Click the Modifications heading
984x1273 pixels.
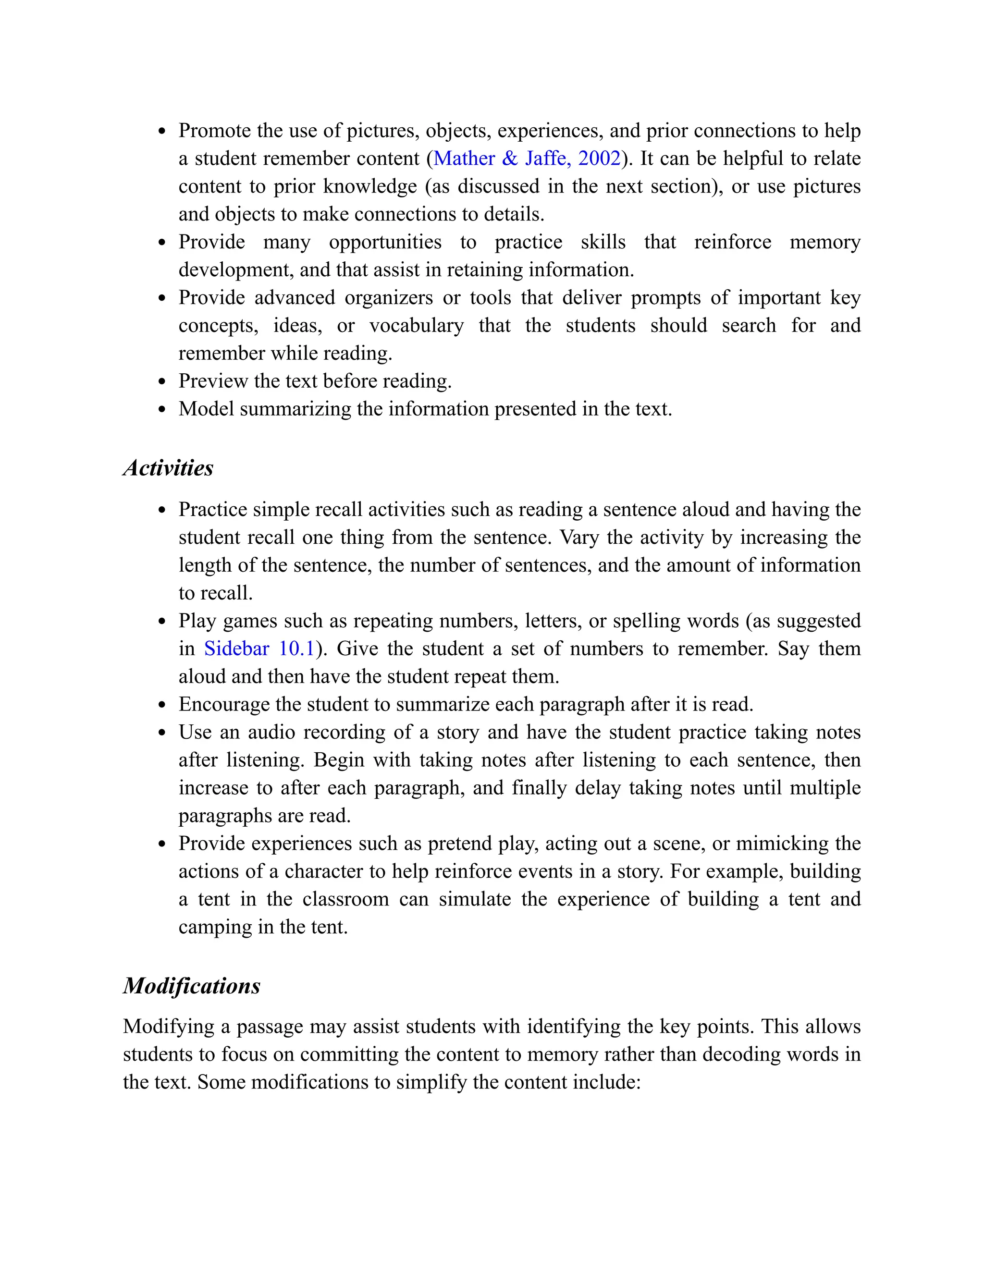[191, 986]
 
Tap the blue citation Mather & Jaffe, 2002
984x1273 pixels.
[527, 159]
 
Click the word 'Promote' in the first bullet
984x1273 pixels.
[214, 131]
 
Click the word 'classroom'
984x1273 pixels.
[345, 899]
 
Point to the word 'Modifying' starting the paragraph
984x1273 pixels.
[169, 1027]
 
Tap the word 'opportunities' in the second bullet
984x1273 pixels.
[385, 243]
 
